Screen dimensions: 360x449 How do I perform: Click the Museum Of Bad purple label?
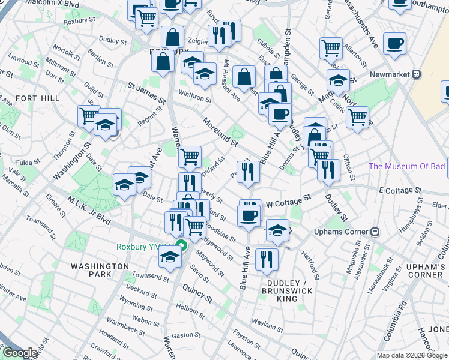[408, 166]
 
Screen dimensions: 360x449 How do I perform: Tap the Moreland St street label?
[220, 130]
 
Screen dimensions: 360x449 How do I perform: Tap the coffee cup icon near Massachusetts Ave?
[394, 43]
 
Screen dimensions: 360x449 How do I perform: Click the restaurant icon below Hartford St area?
[266, 259]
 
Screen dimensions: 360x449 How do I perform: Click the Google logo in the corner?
[20, 353]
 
